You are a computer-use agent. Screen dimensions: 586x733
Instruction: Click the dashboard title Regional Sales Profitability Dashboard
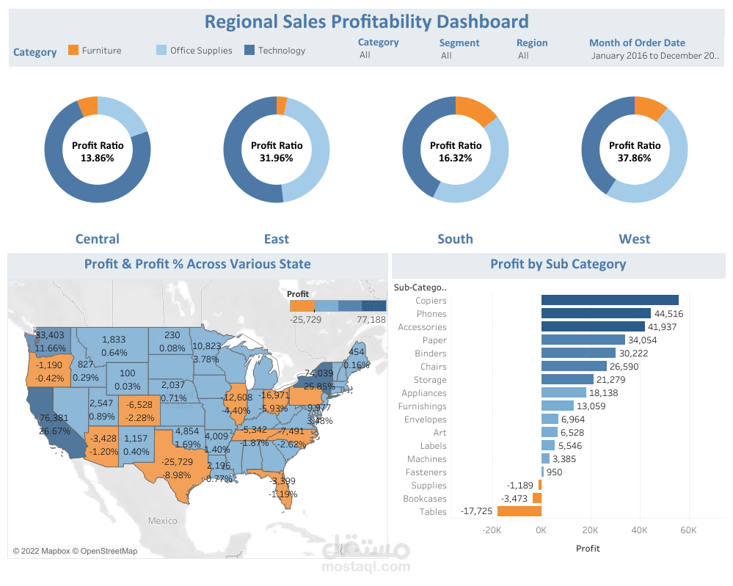point(366,21)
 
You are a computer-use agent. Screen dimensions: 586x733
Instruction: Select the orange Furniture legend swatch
point(73,50)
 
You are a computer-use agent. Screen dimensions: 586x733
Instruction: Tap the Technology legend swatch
point(249,50)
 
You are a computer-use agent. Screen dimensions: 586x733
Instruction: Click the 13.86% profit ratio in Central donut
point(98,158)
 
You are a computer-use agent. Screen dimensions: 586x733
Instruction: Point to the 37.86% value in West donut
point(635,158)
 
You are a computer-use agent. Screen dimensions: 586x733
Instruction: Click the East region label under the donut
point(277,239)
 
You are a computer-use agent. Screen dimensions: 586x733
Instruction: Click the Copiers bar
point(610,300)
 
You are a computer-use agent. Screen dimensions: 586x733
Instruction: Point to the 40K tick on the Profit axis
point(640,530)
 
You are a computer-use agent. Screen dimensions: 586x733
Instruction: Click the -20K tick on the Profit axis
point(492,530)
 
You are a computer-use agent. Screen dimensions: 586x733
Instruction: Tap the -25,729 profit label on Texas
point(178,461)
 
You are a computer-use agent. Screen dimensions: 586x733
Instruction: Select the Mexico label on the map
point(162,521)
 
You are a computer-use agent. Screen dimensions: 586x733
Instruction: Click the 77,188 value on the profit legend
point(371,320)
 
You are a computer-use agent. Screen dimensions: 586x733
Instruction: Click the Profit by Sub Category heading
point(558,264)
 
